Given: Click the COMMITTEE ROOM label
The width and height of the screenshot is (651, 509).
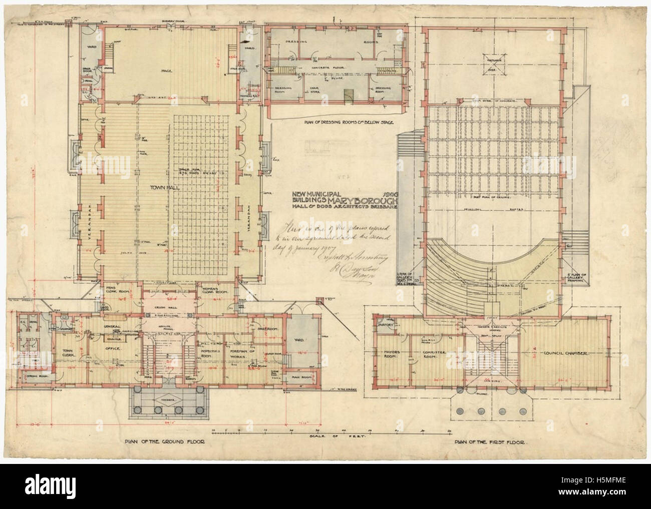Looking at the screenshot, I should coord(432,355).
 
